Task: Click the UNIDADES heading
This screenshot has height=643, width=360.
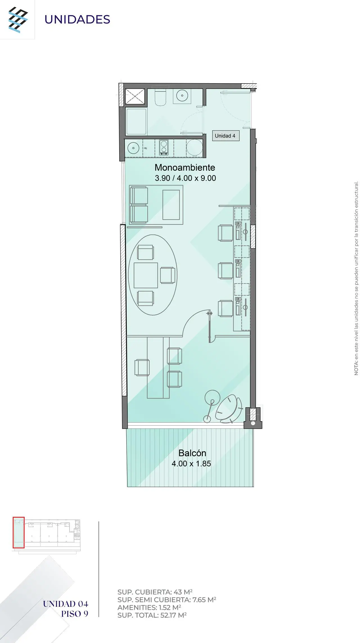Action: coord(77,19)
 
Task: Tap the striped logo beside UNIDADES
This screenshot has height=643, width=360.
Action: coord(18,20)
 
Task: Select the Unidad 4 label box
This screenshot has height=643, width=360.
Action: coord(226,136)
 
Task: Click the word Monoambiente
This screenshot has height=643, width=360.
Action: coord(185,168)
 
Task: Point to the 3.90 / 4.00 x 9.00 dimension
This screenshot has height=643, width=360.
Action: coord(185,178)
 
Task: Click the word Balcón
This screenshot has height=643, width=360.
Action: coord(192,453)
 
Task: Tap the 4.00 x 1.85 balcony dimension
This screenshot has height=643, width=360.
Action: coord(191,464)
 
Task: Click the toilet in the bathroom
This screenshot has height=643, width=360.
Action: coord(161,97)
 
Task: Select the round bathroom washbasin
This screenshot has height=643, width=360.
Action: coord(182,96)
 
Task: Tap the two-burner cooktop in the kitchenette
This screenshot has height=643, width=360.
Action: coord(164,147)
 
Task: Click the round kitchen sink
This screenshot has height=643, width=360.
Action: coord(133,148)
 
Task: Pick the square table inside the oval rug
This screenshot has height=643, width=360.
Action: coord(146,275)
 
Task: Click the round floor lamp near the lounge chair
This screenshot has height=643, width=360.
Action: coord(212,398)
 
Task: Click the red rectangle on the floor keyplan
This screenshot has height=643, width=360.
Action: coord(19,533)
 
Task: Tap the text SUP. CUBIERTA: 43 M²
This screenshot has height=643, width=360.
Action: coord(155,592)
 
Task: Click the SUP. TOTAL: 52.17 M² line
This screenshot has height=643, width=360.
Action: coord(152,615)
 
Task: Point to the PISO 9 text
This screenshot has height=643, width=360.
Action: coord(75,614)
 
